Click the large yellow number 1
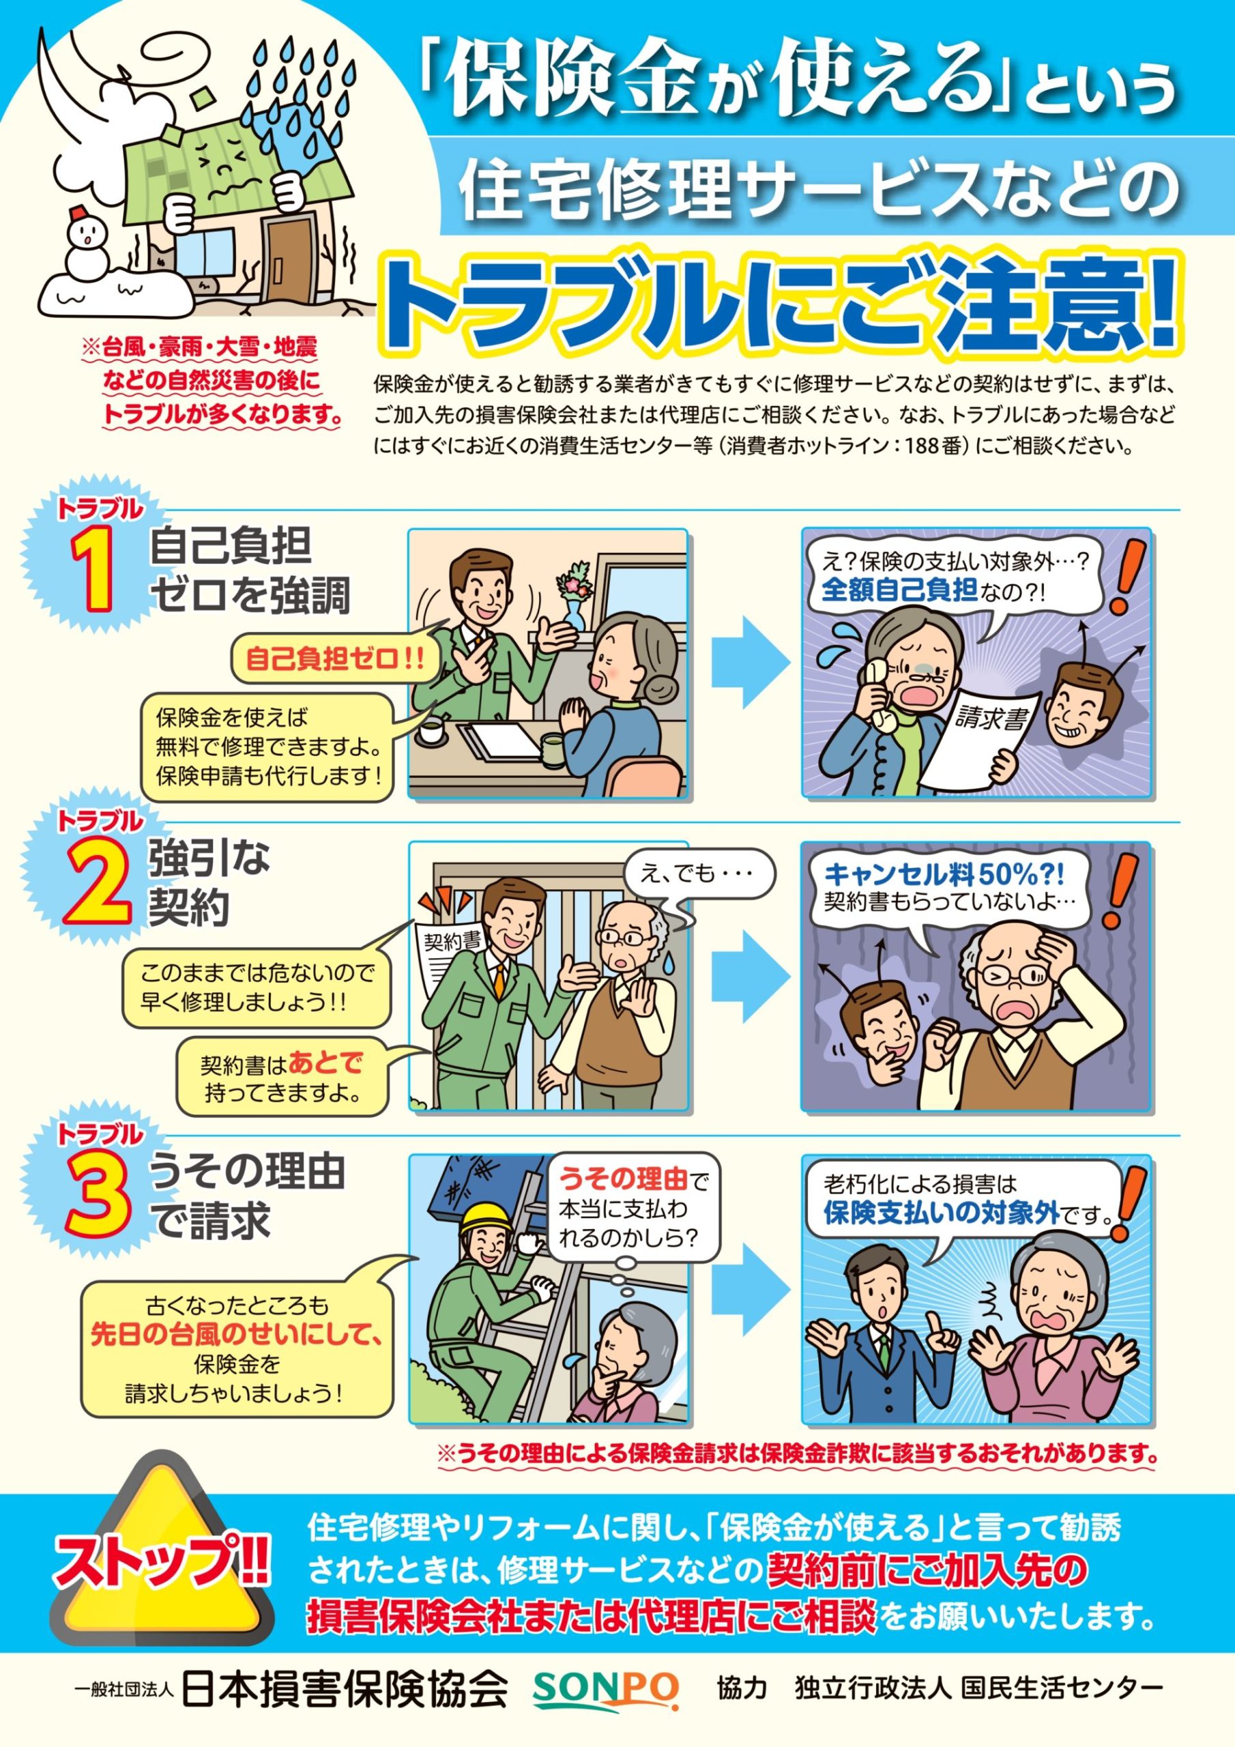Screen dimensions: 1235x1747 coord(93,570)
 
